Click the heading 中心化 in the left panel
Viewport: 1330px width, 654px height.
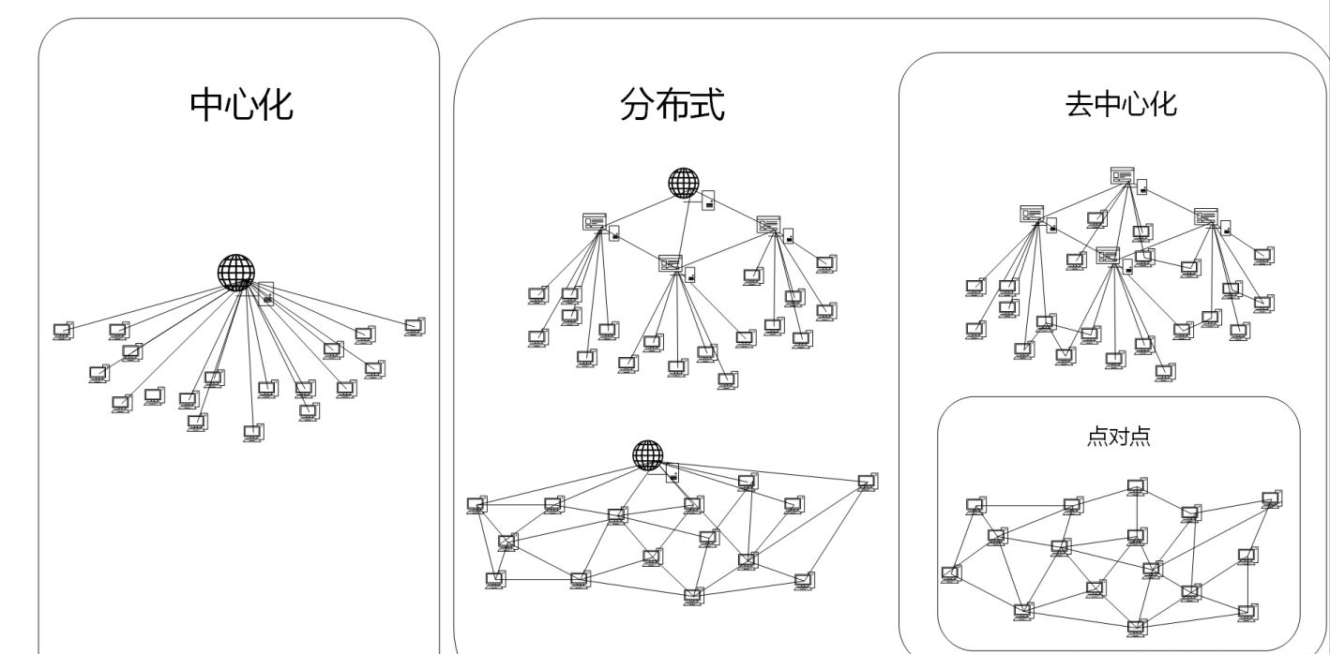pos(241,105)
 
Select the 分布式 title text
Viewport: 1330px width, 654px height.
pos(672,105)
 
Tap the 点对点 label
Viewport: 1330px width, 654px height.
pos(1118,437)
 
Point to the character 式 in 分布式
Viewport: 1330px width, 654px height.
pos(707,105)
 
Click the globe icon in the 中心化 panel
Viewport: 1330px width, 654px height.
pos(235,272)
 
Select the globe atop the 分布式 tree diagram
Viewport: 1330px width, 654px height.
pos(684,183)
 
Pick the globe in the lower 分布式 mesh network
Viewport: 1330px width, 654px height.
pos(647,454)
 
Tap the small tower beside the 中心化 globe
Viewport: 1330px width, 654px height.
pos(266,294)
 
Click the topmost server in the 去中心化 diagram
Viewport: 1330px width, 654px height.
pos(1123,175)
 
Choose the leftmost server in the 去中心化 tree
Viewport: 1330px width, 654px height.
pos(1032,214)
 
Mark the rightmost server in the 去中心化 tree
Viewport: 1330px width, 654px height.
pos(1205,216)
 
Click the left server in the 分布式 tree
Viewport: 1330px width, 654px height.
pos(595,222)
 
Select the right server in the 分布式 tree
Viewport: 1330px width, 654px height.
pos(768,224)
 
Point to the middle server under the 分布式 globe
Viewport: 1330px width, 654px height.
pos(671,263)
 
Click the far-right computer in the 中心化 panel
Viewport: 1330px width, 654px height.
pos(414,326)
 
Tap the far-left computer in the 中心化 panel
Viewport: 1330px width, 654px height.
pos(63,330)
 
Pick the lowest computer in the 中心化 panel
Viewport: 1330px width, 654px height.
pos(253,432)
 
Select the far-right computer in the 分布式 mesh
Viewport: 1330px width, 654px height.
pos(868,482)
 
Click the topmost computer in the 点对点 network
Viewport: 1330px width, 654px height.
pos(1137,486)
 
